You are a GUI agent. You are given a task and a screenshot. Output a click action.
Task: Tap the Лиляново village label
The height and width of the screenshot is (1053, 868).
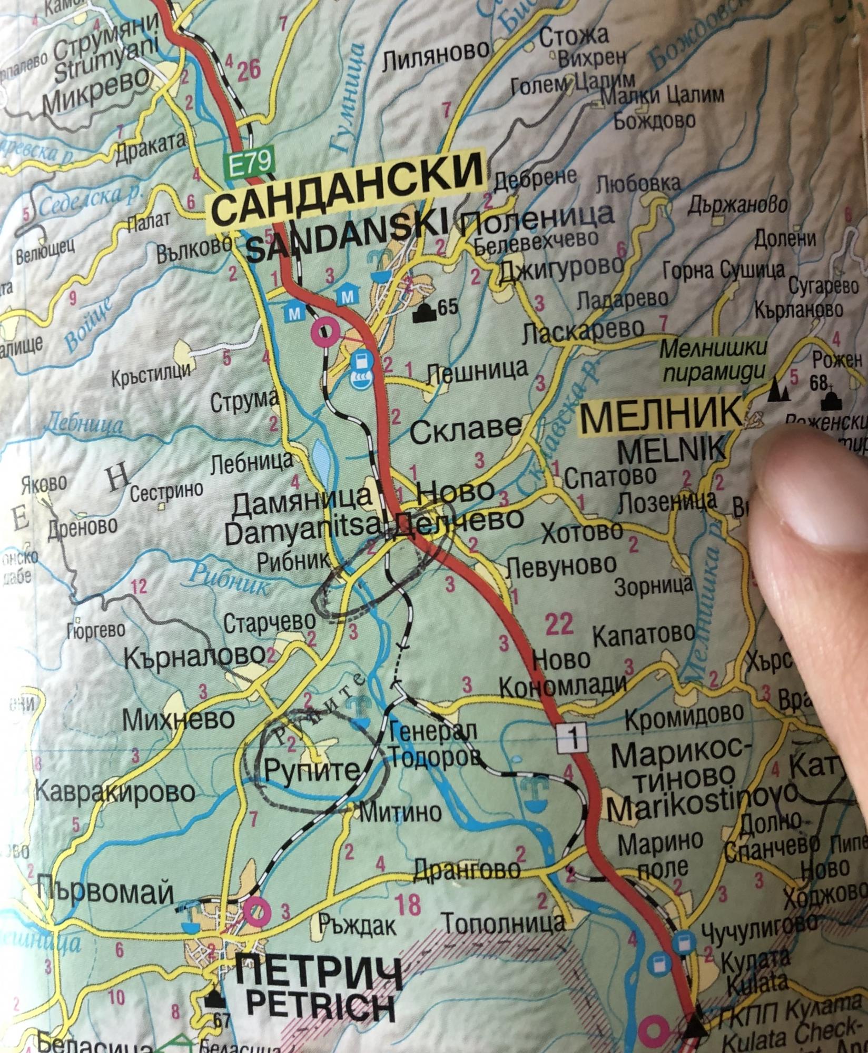[435, 51]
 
